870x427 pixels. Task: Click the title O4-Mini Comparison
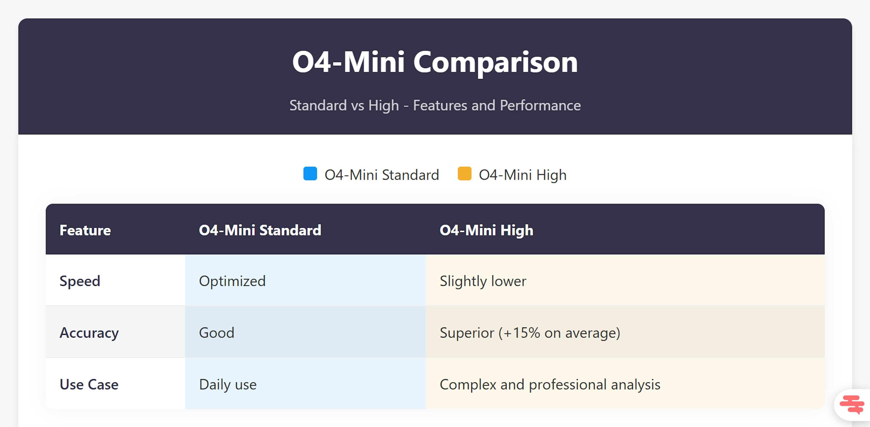[435, 62]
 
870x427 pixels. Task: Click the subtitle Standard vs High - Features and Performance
[435, 106]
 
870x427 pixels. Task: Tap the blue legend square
[310, 174]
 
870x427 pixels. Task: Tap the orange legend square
[464, 174]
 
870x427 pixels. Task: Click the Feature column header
[85, 230]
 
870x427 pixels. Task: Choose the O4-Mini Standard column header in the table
[260, 230]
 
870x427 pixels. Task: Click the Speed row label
[80, 281]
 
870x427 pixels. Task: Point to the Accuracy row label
[89, 333]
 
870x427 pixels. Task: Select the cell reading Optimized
[232, 281]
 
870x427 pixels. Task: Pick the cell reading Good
[217, 333]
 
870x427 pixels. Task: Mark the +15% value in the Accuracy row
[522, 333]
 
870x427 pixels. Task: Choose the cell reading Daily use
[228, 384]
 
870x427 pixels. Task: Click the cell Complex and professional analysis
[550, 384]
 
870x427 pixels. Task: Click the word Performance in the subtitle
[540, 106]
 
